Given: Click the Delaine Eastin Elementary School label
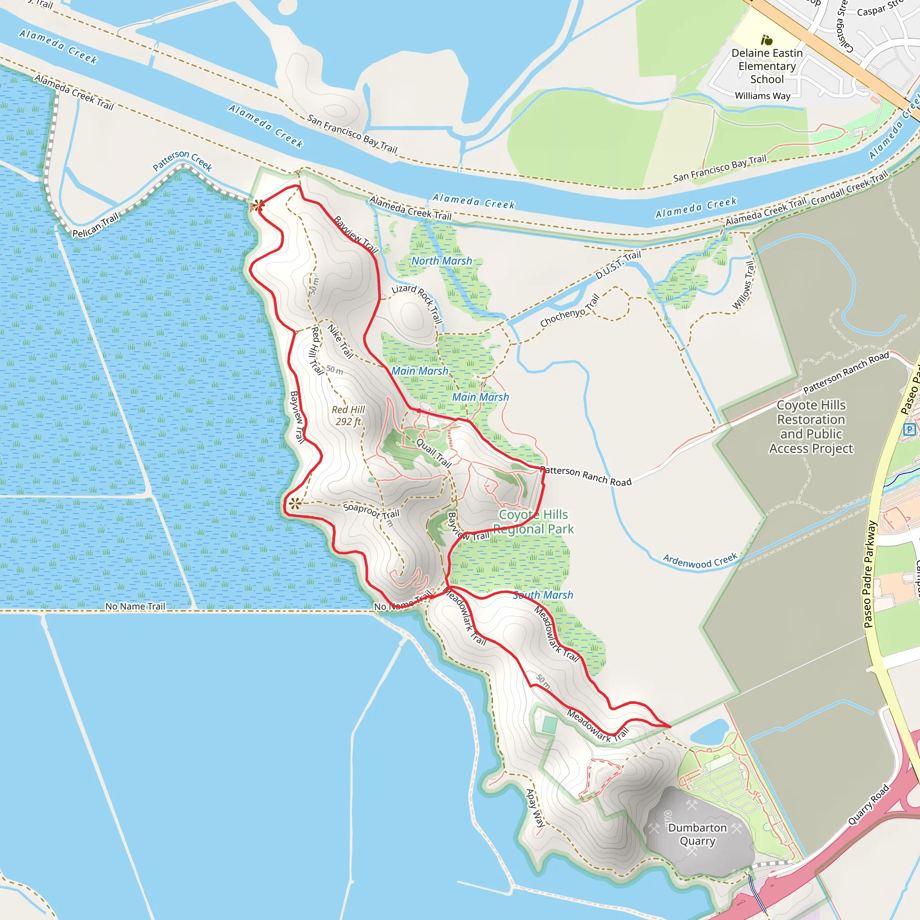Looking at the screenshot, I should pos(767,66).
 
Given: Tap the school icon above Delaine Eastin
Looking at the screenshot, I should pos(766,40).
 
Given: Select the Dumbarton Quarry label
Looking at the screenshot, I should pos(697,834).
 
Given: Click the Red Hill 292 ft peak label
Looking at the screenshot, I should pos(349,415).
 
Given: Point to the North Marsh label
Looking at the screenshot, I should pos(442,261).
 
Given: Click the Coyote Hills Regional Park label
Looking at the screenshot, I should pos(533,522).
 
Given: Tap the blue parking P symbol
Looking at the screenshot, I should pos(909,429).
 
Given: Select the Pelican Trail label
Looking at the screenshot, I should pos(95,225).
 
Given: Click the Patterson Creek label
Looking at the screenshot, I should pos(182,160).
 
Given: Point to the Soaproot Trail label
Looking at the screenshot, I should pos(372,511).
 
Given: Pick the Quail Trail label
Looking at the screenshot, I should pos(434,452).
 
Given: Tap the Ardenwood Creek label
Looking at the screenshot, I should pos(700,561).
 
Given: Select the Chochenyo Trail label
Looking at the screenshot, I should pos(570,310).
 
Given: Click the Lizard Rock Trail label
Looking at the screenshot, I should pos(417,303).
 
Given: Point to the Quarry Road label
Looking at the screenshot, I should pos(869,804).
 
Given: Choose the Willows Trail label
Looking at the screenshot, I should pos(743,285).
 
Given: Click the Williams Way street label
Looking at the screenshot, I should pos(762,96).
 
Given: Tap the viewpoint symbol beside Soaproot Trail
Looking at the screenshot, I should pos(295,503).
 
